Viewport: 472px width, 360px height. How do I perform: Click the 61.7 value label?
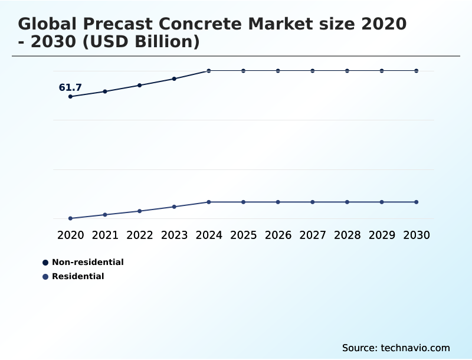(x=70, y=88)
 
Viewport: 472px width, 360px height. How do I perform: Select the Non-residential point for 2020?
(x=70, y=96)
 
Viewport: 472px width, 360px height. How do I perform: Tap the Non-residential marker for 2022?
(x=140, y=85)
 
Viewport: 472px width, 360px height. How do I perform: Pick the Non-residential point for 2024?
(x=209, y=71)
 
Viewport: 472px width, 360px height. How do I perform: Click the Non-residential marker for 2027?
(x=313, y=71)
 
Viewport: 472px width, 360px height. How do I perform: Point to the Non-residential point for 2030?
(x=417, y=71)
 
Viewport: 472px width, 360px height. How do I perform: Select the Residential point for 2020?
(x=70, y=218)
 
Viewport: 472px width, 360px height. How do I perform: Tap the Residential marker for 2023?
(x=174, y=207)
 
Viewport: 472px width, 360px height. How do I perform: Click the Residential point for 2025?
(x=243, y=202)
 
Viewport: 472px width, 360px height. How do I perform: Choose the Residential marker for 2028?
(x=347, y=202)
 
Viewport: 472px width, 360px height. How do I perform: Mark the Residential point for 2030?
(x=417, y=202)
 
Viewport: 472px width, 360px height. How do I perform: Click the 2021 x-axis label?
(x=105, y=235)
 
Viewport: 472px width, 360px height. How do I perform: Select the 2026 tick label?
(x=278, y=235)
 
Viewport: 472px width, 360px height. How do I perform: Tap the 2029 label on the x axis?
(x=382, y=235)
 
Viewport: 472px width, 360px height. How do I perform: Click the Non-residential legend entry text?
(x=88, y=262)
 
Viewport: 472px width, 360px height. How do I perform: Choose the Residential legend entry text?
(x=78, y=276)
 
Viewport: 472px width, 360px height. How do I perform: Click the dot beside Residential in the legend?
(x=45, y=276)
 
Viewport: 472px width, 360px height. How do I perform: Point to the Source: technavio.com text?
(x=396, y=348)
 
